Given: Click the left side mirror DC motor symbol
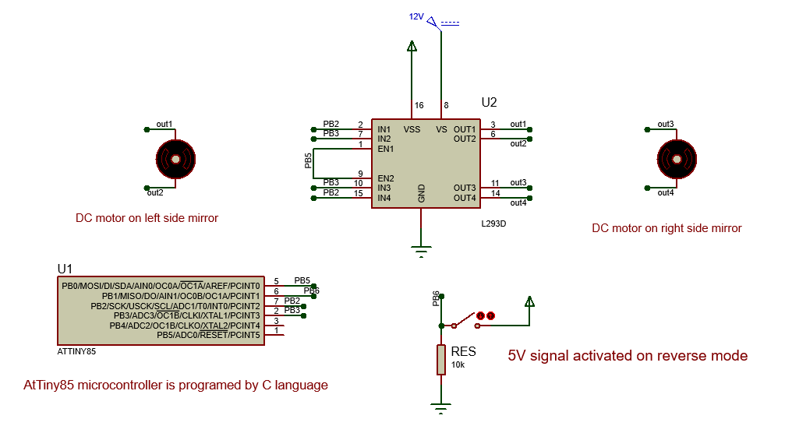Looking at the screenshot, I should click(x=175, y=159).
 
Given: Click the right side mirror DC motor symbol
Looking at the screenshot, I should click(x=675, y=159).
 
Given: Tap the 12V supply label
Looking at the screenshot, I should click(x=416, y=16).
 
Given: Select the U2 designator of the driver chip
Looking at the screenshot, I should click(x=489, y=102).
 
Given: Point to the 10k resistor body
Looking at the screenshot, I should click(x=441, y=360).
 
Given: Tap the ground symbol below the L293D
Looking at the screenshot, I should click(x=421, y=251).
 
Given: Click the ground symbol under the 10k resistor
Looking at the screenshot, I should click(x=441, y=406).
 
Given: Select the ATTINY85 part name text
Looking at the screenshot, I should click(x=76, y=350).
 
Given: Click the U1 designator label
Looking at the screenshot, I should click(x=65, y=269).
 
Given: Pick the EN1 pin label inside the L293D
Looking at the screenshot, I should click(x=385, y=148).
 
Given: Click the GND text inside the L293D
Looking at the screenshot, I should click(x=422, y=194).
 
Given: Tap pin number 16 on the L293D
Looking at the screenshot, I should click(x=419, y=105).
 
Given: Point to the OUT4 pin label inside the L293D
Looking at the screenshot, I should click(x=465, y=198).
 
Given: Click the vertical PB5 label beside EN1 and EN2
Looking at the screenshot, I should click(x=308, y=160).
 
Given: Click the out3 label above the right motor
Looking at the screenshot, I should click(x=665, y=124).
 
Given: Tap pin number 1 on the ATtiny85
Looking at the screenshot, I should click(x=276, y=331).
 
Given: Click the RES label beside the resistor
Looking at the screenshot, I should click(x=463, y=352).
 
